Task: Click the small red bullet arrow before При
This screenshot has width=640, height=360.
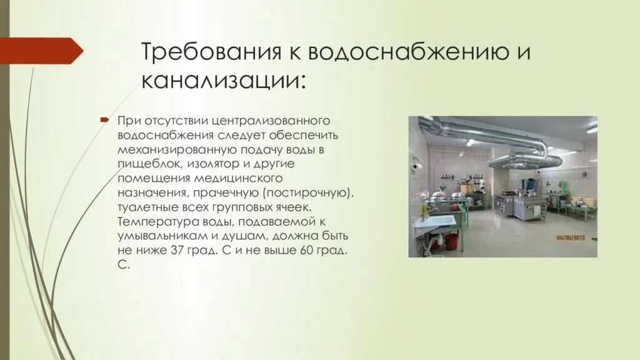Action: click(105, 119)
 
